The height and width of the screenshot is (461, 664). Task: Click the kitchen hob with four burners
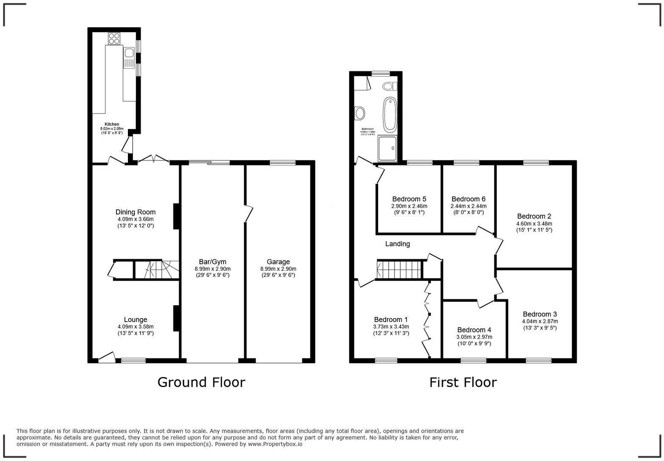[114, 39]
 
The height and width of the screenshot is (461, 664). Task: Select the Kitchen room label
[112, 124]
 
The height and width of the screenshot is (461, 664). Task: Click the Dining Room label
[136, 212]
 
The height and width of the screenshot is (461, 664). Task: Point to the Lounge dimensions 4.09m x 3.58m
[136, 327]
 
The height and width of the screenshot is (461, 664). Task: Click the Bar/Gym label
[213, 262]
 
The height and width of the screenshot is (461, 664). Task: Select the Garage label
[278, 262]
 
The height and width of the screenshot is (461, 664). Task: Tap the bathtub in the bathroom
[390, 114]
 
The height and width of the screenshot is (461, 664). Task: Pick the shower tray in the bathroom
[387, 148]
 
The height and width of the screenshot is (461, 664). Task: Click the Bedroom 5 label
[409, 199]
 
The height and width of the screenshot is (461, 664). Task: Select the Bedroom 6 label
[468, 199]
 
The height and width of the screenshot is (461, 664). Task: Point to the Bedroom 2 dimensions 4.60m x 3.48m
[534, 224]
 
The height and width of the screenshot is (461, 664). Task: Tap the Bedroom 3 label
[539, 314]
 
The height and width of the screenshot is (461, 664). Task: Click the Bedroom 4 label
[474, 330]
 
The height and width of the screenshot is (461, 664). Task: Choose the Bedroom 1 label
[391, 320]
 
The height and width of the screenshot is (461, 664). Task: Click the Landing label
[397, 244]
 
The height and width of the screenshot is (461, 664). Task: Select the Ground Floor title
[201, 382]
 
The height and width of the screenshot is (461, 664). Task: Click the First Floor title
[463, 382]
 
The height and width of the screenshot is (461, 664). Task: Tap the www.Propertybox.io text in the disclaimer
[275, 444]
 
